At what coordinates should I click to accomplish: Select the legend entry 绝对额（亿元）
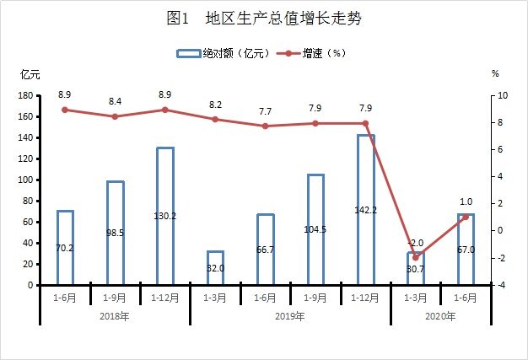[x=223, y=53]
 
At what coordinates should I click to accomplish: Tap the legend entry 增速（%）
[x=314, y=53]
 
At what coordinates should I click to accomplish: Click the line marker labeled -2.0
[x=415, y=257]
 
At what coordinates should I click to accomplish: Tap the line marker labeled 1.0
[x=465, y=217]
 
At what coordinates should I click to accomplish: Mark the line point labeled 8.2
[x=215, y=120]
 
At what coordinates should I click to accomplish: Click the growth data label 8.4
[x=116, y=101]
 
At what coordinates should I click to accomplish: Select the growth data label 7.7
[x=265, y=110]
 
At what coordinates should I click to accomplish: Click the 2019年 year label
[x=290, y=316]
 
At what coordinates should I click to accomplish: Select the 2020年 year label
[x=440, y=316]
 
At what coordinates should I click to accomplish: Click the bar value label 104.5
[x=315, y=230]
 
